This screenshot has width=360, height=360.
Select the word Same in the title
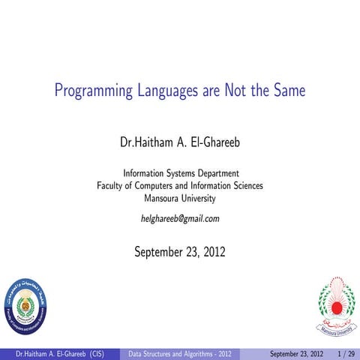coord(289,92)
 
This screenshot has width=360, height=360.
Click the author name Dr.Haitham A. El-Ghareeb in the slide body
coord(180,142)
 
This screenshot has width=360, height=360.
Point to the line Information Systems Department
coord(180,172)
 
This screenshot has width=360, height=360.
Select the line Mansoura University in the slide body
coord(180,199)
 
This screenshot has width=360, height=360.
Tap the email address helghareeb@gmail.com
coord(180,219)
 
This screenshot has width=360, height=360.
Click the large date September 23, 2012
coord(180,252)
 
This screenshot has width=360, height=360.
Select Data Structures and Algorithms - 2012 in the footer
coord(178,352)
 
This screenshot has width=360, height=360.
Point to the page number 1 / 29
coord(346,352)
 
